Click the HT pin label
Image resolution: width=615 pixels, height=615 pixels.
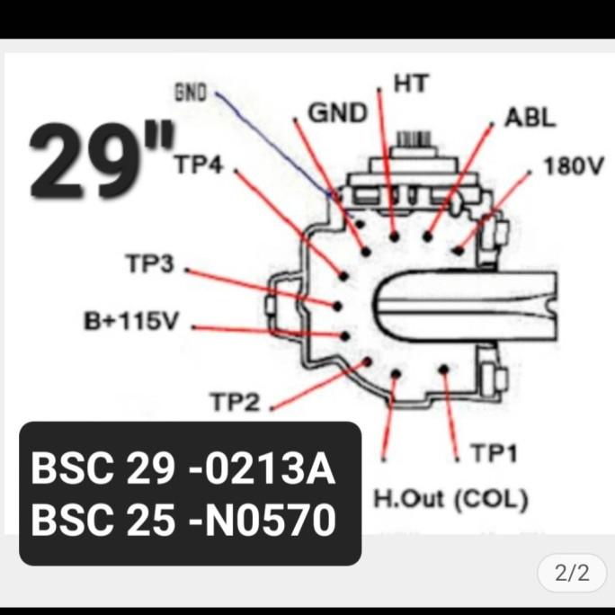pyautogui.click(x=412, y=84)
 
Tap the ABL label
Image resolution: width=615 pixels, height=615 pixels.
pyautogui.click(x=530, y=118)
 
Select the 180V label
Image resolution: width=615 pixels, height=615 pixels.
pyautogui.click(x=573, y=168)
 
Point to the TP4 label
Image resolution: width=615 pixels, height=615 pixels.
pyautogui.click(x=204, y=164)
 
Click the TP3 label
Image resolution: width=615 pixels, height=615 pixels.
pyautogui.click(x=148, y=263)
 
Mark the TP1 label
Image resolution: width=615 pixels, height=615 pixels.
pyautogui.click(x=493, y=454)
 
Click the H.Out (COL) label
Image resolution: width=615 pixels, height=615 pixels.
pyautogui.click(x=450, y=498)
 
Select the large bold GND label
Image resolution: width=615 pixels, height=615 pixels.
pyautogui.click(x=338, y=113)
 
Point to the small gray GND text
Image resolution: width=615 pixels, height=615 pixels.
pyautogui.click(x=190, y=91)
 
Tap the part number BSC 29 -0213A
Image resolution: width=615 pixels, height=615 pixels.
pyautogui.click(x=183, y=470)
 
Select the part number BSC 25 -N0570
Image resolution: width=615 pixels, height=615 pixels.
pyautogui.click(x=184, y=519)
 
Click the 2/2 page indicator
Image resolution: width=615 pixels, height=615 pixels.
pyautogui.click(x=572, y=573)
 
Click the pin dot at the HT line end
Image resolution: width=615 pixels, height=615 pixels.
pyautogui.click(x=395, y=236)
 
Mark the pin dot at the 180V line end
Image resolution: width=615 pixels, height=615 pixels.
pyautogui.click(x=459, y=250)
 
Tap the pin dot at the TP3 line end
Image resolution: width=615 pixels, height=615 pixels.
pyautogui.click(x=337, y=306)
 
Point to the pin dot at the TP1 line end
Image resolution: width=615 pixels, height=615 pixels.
pyautogui.click(x=444, y=369)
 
